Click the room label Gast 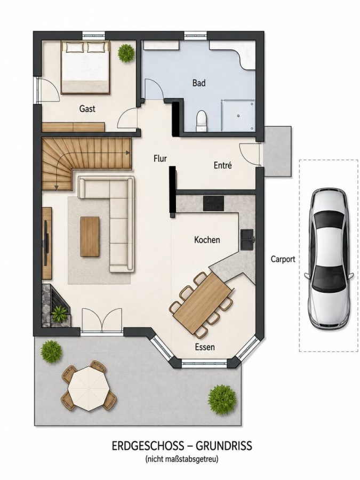click(87, 109)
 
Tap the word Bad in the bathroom click(199, 83)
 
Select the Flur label click(161, 158)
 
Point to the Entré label click(222, 165)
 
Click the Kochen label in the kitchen click(207, 239)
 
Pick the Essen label click(205, 347)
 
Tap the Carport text click(283, 259)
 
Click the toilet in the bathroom click(202, 121)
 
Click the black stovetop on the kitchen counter click(214, 203)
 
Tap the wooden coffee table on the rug click(90, 236)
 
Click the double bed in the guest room click(85, 67)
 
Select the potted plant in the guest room click(126, 53)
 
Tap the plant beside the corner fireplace click(59, 313)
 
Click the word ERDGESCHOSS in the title click(148, 446)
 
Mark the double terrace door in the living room click(102, 320)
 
